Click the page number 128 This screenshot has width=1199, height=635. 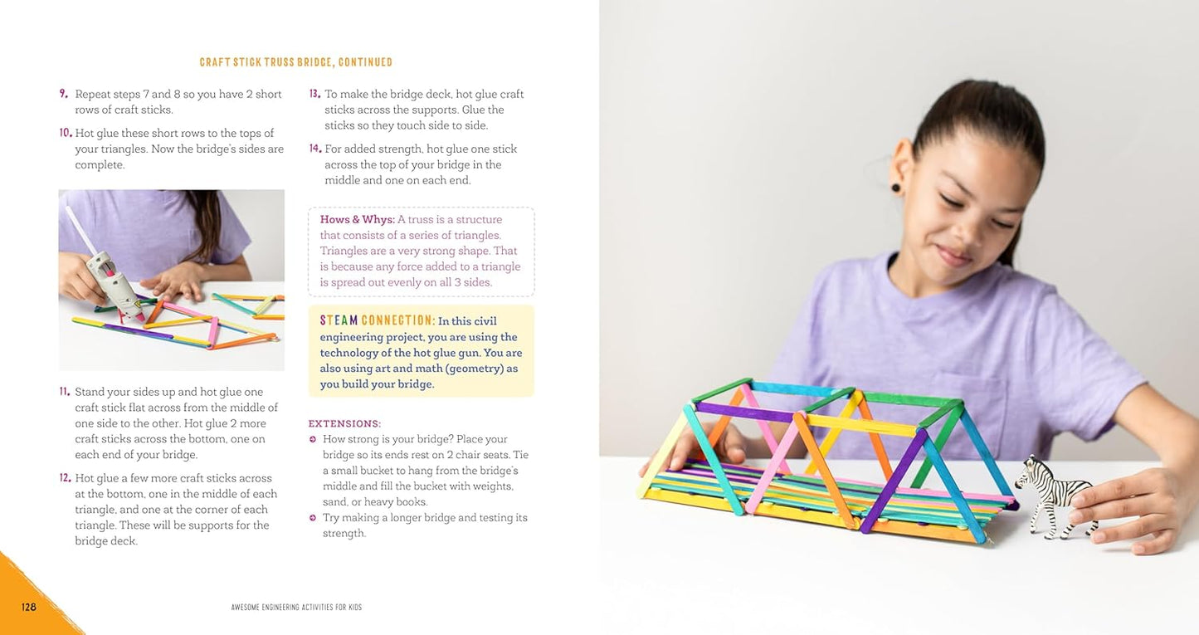pos(29,607)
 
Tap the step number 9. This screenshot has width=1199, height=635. pos(63,94)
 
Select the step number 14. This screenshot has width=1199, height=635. pos(314,149)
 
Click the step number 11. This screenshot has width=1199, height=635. pos(64,392)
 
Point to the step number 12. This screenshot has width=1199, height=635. pos(65,478)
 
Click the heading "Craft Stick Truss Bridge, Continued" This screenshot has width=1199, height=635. pos(296,62)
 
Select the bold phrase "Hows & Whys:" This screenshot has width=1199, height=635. pos(357,220)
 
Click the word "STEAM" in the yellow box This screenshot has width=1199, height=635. pos(339,320)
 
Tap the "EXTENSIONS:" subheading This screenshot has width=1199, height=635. pos(344,423)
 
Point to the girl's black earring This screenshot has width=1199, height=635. pos(896,187)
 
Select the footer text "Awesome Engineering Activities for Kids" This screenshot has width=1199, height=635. pos(296,608)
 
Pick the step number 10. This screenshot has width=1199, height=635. pos(66,133)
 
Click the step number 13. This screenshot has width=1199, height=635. pos(314,94)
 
